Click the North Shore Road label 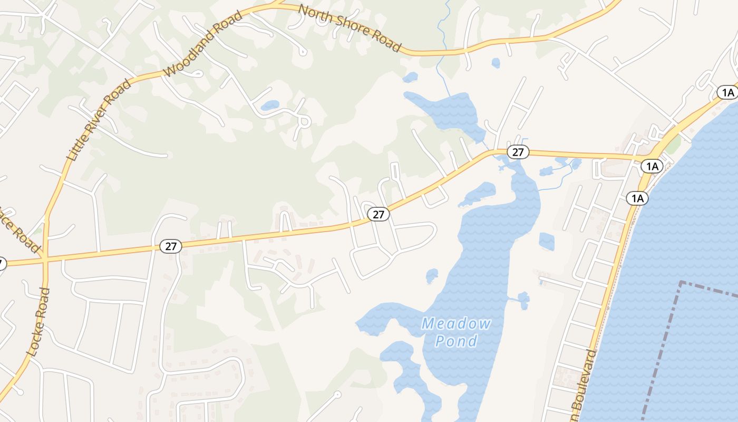[x=350, y=28]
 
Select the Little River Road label [x=99, y=119]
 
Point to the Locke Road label [x=40, y=322]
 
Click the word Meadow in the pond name [x=457, y=323]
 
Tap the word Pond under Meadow [x=457, y=341]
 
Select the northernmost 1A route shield [x=728, y=93]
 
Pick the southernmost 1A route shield [x=637, y=198]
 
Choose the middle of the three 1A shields [x=652, y=167]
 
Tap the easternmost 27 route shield [x=518, y=152]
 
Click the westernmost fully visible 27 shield [x=171, y=246]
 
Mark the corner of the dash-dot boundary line [x=681, y=283]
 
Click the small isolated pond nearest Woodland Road [x=270, y=105]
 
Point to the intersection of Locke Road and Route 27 [x=45, y=259]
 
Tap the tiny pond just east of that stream [x=496, y=63]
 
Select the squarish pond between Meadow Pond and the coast [x=547, y=242]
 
